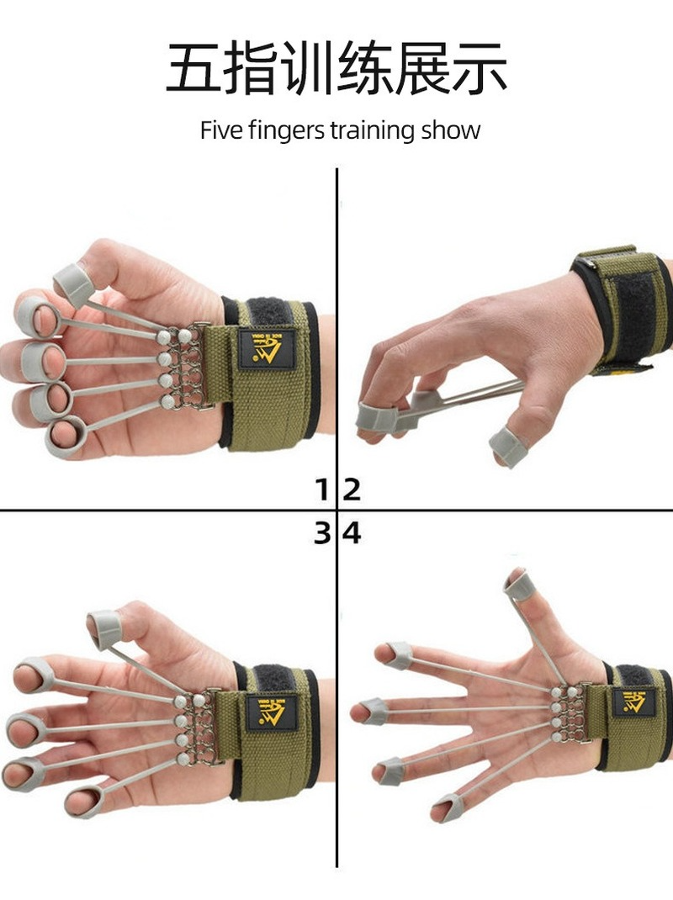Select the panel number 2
pyautogui.click(x=352, y=489)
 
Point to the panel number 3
pyautogui.click(x=322, y=532)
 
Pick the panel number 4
pyautogui.click(x=352, y=532)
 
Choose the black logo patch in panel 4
pyautogui.click(x=633, y=701)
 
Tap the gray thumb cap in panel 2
pyautogui.click(x=507, y=445)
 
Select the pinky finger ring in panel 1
pyautogui.click(x=66, y=438)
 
